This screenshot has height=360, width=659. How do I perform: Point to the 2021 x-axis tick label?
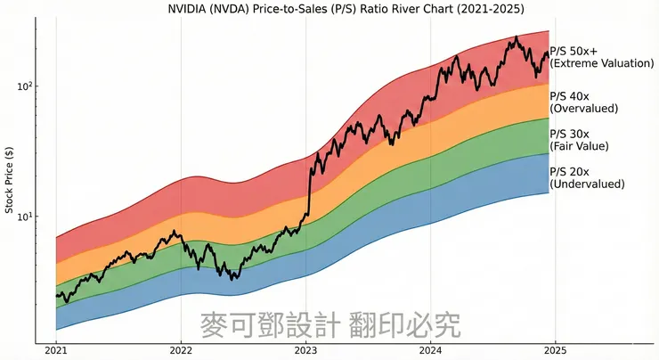pos(56,351)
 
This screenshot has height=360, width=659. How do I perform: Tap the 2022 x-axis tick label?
pos(181,351)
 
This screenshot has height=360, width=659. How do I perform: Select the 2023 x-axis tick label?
pos(305,351)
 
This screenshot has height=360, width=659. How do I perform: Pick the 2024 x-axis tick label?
pos(431,351)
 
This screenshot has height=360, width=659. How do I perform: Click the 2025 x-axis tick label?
pos(556,351)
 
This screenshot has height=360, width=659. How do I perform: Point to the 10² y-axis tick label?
pos(23,86)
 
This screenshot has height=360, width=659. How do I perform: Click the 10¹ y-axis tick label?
pos(23,216)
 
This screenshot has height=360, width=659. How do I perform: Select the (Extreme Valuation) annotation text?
pos(594,64)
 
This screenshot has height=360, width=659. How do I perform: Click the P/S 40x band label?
pos(570,95)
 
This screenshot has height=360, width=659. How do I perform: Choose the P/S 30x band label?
pos(570,133)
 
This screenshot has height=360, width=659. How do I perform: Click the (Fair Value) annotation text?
pos(582,145)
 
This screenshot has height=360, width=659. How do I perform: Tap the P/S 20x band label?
pos(570,171)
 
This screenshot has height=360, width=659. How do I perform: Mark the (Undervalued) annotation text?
pos(587,184)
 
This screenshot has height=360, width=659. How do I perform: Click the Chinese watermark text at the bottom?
pos(330,324)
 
